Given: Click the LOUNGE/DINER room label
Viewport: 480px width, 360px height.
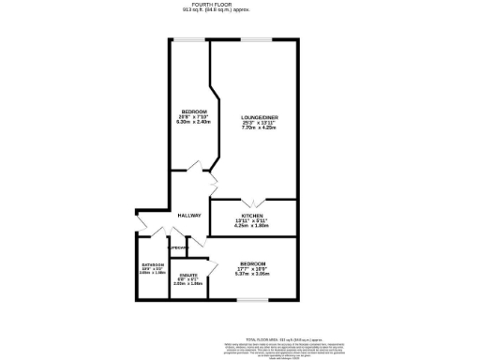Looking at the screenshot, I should (x=259, y=116).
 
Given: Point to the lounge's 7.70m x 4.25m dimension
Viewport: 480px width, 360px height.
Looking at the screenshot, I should (x=259, y=127).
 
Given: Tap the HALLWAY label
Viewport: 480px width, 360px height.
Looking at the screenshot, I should (x=189, y=216).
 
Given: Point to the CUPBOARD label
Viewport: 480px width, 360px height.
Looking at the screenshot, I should (x=179, y=247).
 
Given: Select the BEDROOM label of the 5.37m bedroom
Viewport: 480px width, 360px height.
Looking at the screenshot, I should (x=252, y=263).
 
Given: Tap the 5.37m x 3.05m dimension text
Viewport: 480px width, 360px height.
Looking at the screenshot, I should (x=252, y=275).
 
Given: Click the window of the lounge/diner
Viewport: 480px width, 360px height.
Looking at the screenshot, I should (x=256, y=38).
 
